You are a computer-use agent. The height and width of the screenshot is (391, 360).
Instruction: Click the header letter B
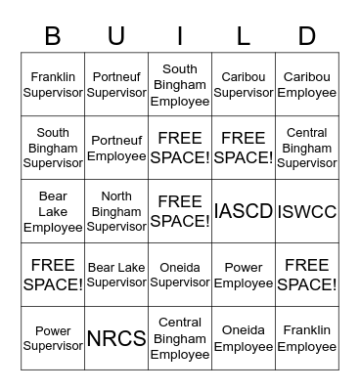(x=53, y=36)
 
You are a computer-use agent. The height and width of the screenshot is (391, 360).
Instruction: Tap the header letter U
(x=116, y=36)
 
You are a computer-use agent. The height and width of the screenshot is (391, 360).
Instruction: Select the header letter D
(x=307, y=36)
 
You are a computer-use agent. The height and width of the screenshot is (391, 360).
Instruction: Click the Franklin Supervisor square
(x=53, y=85)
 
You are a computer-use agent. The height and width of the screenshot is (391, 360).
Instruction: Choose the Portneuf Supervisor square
(x=116, y=85)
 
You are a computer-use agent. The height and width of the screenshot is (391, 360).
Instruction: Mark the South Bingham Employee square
(x=180, y=85)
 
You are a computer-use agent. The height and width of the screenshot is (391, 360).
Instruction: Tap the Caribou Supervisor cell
(x=244, y=85)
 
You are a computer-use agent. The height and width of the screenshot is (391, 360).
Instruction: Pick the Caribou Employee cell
(x=307, y=85)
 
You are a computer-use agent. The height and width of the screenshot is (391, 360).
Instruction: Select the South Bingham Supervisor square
(x=53, y=148)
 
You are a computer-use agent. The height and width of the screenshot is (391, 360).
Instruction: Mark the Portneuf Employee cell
(x=116, y=148)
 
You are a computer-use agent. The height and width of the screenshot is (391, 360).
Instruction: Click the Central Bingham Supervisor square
(x=307, y=148)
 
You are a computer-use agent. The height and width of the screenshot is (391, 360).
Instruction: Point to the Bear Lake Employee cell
(x=53, y=211)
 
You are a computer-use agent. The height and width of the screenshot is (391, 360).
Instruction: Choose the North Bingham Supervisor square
(x=116, y=211)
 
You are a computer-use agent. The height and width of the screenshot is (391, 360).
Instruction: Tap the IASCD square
(x=244, y=211)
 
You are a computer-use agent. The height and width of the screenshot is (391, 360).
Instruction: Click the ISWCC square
(x=307, y=211)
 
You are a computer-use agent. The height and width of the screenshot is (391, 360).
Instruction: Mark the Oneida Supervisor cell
(x=180, y=275)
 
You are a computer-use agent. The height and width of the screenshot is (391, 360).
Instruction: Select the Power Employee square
(x=244, y=275)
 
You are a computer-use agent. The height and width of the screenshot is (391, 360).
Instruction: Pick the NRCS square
(x=116, y=338)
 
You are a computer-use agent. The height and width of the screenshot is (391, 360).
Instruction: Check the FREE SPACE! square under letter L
(x=244, y=148)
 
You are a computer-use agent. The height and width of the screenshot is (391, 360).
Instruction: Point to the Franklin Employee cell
(x=307, y=338)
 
